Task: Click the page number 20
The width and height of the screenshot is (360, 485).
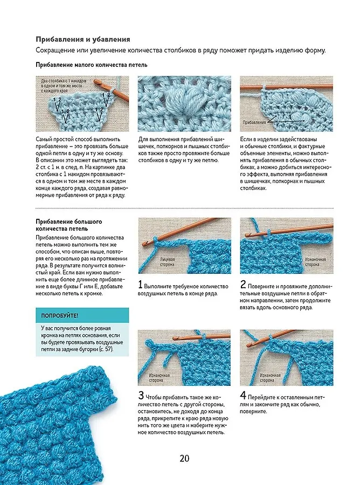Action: [184, 458]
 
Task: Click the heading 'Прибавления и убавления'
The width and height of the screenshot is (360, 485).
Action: [83, 39]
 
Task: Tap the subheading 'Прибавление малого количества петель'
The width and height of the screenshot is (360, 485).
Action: [92, 65]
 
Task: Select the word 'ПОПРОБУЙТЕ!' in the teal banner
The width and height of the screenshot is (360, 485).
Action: [60, 316]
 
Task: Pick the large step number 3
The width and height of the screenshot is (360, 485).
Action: [141, 396]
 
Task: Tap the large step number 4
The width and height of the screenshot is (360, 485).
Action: [243, 396]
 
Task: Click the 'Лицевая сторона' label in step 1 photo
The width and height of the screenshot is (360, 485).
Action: [167, 262]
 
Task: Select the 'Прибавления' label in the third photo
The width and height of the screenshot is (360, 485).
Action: [254, 122]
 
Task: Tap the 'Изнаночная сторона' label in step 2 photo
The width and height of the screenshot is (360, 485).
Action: [313, 262]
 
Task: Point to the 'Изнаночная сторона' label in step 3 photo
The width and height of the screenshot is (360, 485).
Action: [160, 378]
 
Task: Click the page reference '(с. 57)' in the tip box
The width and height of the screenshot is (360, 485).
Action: [106, 349]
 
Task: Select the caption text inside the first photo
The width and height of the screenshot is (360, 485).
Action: [64, 86]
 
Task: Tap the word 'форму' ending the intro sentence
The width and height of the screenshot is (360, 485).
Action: [315, 51]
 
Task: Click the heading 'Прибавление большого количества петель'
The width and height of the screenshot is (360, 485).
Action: [68, 225]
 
